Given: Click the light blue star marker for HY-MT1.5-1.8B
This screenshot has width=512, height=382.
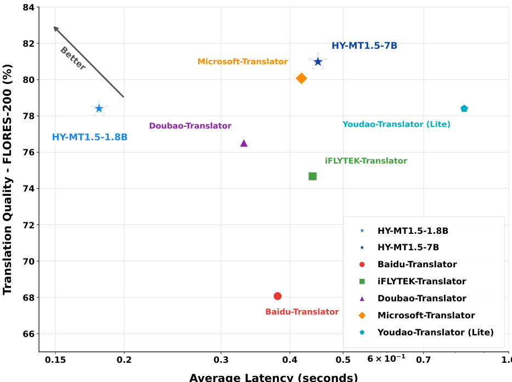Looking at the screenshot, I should coord(99,109).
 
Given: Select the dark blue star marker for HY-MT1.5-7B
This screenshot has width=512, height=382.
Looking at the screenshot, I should coord(318,62).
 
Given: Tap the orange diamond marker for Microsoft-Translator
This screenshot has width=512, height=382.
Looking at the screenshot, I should coord(301,78).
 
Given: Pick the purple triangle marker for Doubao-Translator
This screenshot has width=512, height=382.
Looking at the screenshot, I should coord(244,143).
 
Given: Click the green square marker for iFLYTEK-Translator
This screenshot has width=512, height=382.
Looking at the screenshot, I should coord(312,176).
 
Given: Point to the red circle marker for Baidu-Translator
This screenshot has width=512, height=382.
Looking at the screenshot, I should coord(277,296).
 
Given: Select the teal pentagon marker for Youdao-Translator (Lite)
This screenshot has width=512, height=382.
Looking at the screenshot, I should coord(464,109).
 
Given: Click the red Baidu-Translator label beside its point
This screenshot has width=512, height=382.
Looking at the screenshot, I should coord(302,312).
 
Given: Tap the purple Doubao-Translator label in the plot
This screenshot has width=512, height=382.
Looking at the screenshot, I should coord(190,126).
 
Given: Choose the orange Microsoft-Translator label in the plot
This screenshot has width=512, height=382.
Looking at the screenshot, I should coord(243,61).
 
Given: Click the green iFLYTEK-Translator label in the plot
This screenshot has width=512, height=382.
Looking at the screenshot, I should coord(365,161).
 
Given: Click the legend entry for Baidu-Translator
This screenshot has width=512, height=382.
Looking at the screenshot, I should coord(417,265).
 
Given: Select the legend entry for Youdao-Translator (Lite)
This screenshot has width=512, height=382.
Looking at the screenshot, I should coord(435,332).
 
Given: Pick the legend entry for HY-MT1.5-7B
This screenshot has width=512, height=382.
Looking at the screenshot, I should coord(408,248).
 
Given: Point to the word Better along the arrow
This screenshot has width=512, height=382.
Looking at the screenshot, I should coord(72,59).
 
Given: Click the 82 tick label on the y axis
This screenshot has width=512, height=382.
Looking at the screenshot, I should coord(27,43).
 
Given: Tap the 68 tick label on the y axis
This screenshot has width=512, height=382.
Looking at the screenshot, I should coord(27,297).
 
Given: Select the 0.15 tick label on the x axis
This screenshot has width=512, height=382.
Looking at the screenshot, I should coord(55,360).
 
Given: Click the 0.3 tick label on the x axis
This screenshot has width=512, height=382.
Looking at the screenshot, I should coord(221,360).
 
